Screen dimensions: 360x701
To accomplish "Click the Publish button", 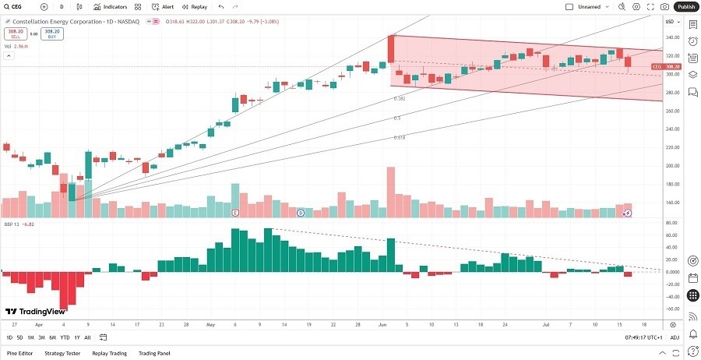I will [x=686, y=6].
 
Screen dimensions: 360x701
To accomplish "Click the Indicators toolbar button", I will [x=111, y=6].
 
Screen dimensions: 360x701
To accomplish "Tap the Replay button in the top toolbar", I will [x=196, y=6].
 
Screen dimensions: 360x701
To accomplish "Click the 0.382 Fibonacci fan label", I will [x=399, y=99].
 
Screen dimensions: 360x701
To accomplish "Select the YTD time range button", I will [x=65, y=337].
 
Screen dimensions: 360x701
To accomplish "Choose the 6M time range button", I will [x=52, y=337].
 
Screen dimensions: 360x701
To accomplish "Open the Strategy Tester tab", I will [x=62, y=353].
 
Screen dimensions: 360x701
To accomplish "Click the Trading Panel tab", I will [x=153, y=353].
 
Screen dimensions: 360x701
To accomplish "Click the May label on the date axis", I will [x=209, y=323].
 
